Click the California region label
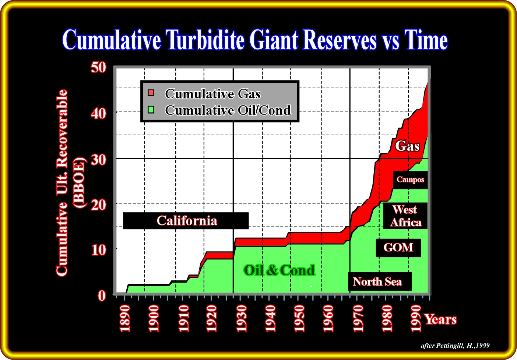pos(186,221)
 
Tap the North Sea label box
pos(380,281)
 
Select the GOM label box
pos(398,248)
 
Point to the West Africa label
pos(405,216)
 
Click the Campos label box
pos(410,180)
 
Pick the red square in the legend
pos(151,93)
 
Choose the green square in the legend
pos(151,110)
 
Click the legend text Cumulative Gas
pos(212,94)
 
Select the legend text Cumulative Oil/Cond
pos(228,110)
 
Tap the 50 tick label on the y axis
pos(99,68)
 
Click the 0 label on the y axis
pos(102,296)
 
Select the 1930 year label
pos(241,319)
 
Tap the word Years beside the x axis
pos(441,319)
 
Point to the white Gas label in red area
pos(407,146)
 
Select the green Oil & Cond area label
pos(279,270)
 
